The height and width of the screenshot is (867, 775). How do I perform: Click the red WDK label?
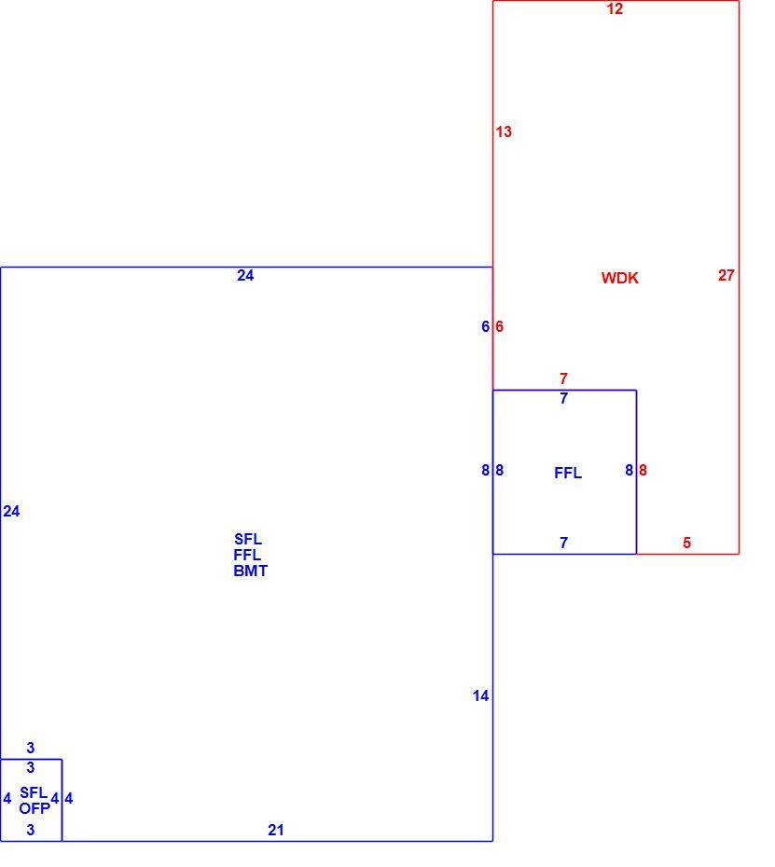619,278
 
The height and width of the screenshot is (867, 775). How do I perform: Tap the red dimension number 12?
615,8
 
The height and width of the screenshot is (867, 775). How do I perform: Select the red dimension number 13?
504,131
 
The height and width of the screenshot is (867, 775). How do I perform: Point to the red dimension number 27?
727,275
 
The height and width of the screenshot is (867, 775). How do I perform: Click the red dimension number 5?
686,543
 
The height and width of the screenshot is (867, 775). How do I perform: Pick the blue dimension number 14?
480,695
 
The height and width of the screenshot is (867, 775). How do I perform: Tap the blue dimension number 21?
276,830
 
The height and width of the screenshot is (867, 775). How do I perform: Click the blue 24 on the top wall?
245,275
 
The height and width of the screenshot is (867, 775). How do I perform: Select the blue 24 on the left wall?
11,511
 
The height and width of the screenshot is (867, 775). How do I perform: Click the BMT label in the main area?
251,571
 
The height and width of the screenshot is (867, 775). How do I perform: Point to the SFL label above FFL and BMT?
248,539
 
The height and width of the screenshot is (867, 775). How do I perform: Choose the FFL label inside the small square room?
568,473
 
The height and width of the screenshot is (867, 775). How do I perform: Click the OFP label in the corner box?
35,808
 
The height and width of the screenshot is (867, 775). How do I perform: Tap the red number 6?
499,326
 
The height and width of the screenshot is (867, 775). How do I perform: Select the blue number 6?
485,326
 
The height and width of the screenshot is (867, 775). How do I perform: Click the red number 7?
563,378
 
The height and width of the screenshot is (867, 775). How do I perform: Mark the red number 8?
643,470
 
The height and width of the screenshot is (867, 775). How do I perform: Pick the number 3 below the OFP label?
31,830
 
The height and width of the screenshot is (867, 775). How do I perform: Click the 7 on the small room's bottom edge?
563,543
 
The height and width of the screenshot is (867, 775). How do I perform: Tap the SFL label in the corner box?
34,792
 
